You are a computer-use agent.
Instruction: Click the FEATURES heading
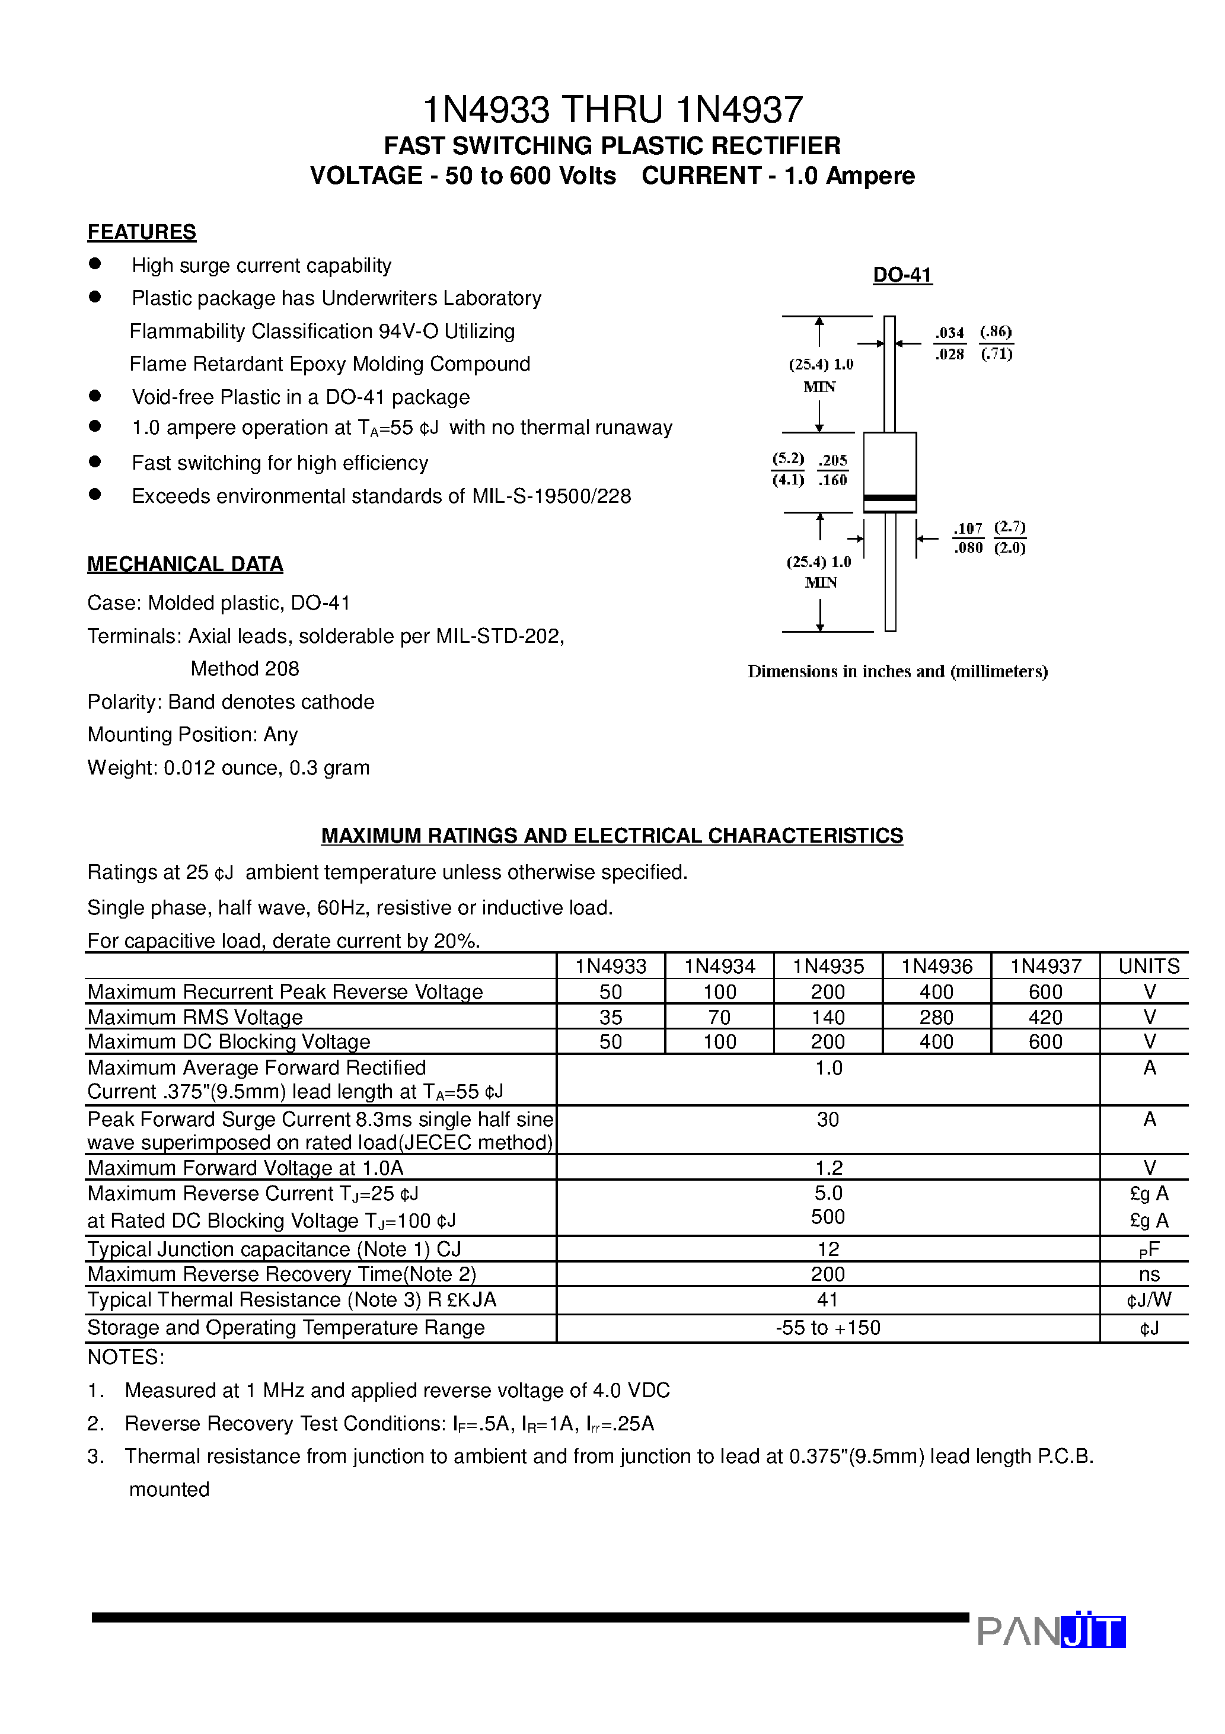coord(141,232)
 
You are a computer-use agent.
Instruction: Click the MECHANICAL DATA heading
coord(185,564)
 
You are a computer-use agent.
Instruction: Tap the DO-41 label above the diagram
coord(902,275)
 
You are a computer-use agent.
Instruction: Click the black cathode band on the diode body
coord(889,499)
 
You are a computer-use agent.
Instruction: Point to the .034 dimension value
coord(949,332)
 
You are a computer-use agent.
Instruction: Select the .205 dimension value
coord(832,460)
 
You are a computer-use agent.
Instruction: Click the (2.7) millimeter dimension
coord(1009,527)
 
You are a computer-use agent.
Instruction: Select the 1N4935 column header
coord(828,966)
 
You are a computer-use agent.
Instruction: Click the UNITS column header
coord(1149,966)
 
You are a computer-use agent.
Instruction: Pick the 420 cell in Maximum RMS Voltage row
coord(1045,1017)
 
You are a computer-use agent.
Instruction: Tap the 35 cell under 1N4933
coord(610,1017)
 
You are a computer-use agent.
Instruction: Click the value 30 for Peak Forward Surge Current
coord(828,1119)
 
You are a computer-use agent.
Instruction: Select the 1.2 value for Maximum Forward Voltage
coord(828,1168)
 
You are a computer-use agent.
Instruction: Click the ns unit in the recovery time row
coord(1149,1274)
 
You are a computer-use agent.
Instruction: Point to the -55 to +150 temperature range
coord(828,1328)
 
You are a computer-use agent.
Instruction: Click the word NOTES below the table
coord(125,1357)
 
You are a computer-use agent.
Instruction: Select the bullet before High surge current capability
coord(95,263)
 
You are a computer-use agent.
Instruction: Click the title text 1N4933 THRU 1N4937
coord(612,110)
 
